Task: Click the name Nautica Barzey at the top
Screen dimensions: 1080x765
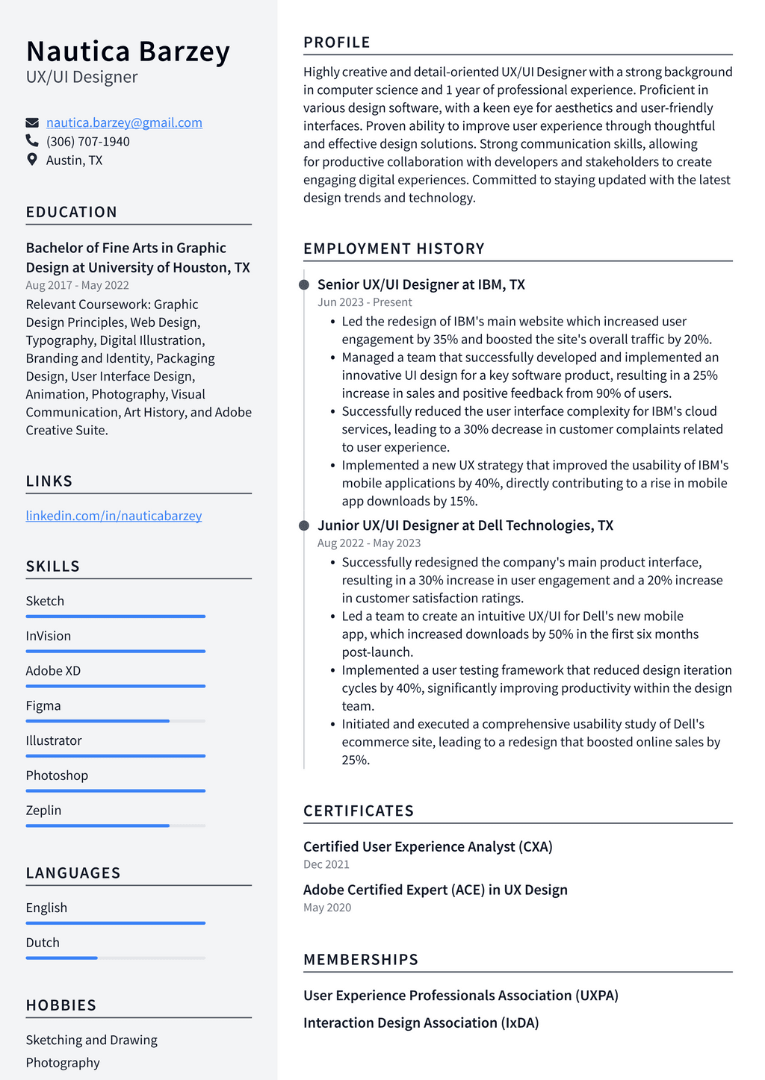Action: (128, 51)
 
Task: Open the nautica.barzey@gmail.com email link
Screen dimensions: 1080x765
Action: (124, 122)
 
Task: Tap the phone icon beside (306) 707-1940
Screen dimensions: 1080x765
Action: (32, 141)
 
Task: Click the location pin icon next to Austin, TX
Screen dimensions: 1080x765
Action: (32, 160)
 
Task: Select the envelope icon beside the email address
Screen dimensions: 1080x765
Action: (32, 122)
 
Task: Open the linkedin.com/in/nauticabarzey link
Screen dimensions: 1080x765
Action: (114, 516)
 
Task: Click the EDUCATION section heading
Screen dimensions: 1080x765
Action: (72, 212)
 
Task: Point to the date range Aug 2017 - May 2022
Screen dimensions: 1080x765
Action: (77, 285)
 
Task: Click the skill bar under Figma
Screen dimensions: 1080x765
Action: (115, 721)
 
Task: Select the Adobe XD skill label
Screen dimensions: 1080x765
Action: (53, 671)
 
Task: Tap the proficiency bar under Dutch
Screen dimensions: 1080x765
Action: (115, 958)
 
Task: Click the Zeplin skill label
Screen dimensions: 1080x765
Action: (43, 811)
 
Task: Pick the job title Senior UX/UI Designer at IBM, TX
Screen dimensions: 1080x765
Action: (421, 284)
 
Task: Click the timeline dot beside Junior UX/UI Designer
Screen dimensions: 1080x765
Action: (304, 525)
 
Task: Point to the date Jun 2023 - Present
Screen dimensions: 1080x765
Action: (365, 302)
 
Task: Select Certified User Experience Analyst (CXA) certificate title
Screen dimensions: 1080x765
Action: (427, 846)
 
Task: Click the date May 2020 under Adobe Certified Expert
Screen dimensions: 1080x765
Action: (327, 908)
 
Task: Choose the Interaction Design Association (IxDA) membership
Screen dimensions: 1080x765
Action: (421, 1023)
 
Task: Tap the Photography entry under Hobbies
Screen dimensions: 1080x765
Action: (63, 1063)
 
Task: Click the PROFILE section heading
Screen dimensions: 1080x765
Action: (337, 43)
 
